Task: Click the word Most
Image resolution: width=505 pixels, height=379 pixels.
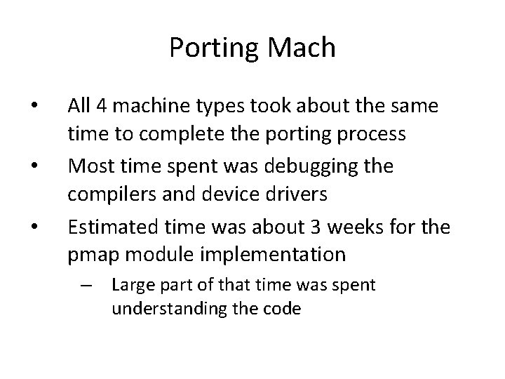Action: (x=88, y=167)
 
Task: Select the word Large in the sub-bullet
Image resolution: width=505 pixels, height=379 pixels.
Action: (x=129, y=286)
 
